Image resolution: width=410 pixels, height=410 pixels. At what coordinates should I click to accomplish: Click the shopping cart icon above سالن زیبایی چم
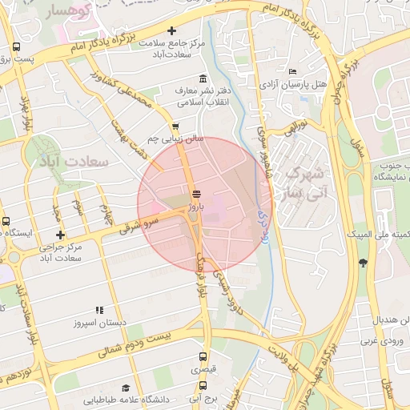point(175,126)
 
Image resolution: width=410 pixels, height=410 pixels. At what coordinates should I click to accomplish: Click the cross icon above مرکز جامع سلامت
point(171,30)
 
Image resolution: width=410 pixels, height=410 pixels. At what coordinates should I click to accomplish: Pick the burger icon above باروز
point(197,194)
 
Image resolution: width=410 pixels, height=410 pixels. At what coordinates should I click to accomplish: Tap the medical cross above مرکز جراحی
point(60,235)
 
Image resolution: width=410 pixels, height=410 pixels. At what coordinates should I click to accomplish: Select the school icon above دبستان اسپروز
point(99,310)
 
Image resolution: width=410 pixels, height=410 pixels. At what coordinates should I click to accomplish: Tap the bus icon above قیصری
point(202,358)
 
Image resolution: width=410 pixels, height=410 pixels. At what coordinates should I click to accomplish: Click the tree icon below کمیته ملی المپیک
point(364,262)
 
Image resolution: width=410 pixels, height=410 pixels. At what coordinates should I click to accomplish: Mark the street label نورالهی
point(291,126)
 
